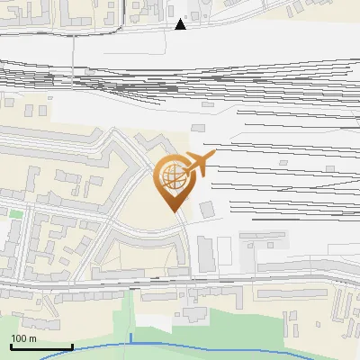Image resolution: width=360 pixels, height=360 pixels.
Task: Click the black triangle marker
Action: coord(181,24)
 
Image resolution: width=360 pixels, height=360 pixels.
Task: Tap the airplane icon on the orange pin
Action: coord(198,165)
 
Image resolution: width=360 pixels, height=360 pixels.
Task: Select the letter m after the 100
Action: coord(32,339)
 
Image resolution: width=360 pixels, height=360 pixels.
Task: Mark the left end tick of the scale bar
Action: coord(11,346)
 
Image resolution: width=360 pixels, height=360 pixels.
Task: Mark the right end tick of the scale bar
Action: coord(72,346)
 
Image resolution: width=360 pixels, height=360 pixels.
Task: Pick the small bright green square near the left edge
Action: coord(15,214)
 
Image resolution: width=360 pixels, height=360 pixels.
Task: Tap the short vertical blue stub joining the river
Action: coord(130,337)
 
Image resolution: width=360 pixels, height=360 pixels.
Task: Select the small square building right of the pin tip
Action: coord(208,209)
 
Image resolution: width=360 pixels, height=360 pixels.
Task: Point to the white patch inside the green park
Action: coord(193,314)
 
